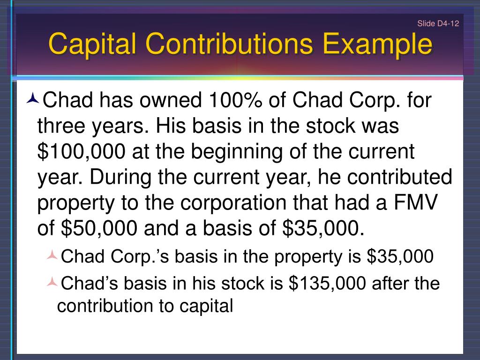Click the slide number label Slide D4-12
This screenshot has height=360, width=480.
tap(438, 24)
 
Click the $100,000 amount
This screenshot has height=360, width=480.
tap(82, 152)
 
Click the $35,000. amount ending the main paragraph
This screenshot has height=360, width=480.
tap(323, 228)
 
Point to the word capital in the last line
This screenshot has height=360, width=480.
tap(206, 306)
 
